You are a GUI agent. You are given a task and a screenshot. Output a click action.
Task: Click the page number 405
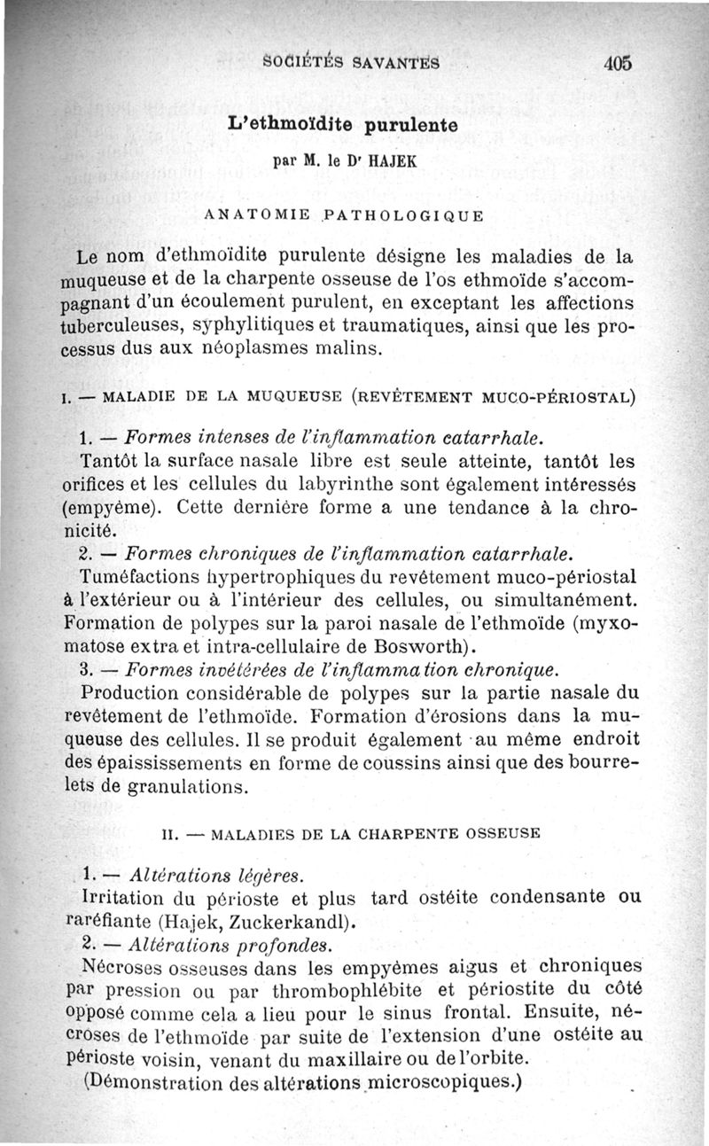pyautogui.click(x=618, y=63)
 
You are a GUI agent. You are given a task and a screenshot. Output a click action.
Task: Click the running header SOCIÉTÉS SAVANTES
pyautogui.click(x=352, y=63)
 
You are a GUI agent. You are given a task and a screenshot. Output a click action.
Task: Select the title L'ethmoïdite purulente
pyautogui.click(x=342, y=126)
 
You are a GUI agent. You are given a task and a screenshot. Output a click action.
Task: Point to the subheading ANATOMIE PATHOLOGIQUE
pyautogui.click(x=342, y=215)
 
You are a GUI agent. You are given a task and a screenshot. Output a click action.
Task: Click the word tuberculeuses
pyautogui.click(x=122, y=328)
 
